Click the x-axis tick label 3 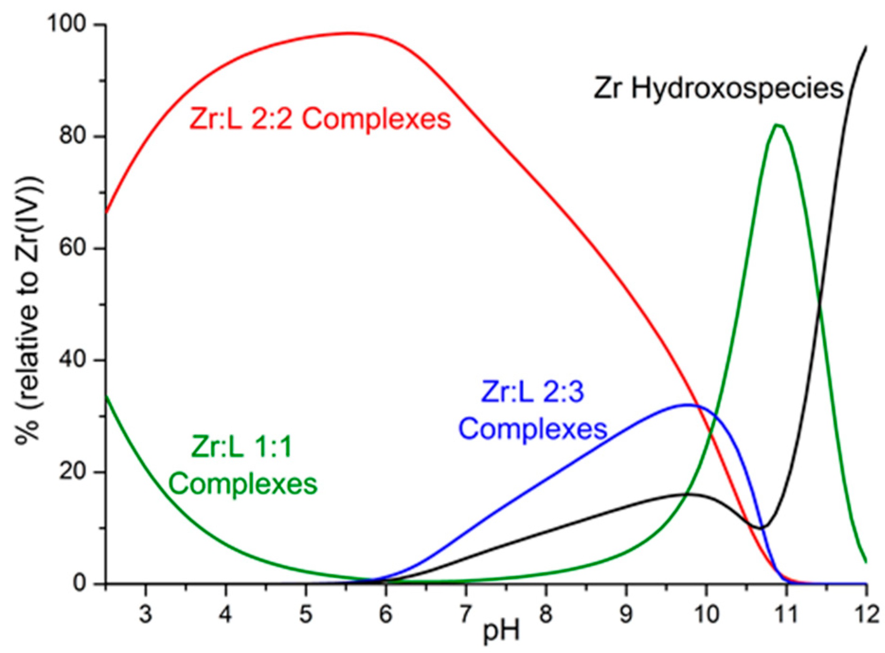(146, 614)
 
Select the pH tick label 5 (306, 614)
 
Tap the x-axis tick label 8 (546, 614)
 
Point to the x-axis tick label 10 (706, 614)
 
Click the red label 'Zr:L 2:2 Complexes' (320, 119)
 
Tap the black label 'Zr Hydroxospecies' (719, 89)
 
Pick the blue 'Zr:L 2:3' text (533, 393)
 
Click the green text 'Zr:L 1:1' (241, 447)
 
